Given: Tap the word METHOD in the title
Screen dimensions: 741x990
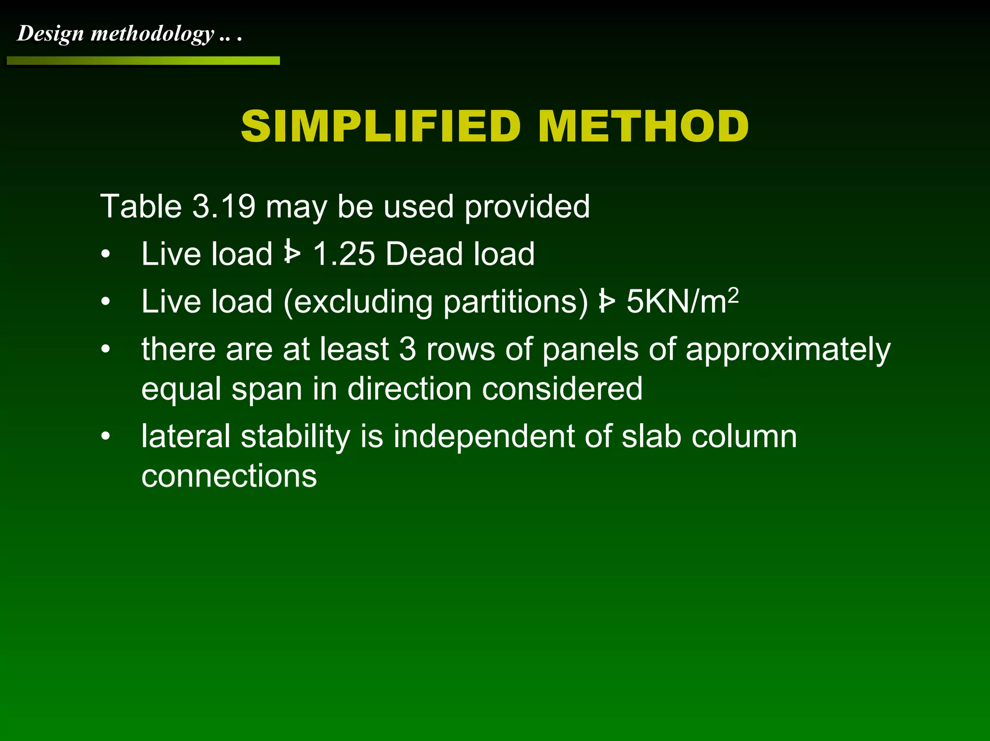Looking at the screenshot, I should pyautogui.click(x=643, y=126).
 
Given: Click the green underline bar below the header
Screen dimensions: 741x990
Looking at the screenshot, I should pyautogui.click(x=143, y=61).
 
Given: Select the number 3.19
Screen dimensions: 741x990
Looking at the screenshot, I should pyautogui.click(x=223, y=206).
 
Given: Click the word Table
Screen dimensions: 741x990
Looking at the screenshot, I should pyautogui.click(x=140, y=206).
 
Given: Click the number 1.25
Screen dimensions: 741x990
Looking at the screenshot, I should pyautogui.click(x=344, y=254).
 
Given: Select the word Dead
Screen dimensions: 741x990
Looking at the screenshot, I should pyautogui.click(x=424, y=254).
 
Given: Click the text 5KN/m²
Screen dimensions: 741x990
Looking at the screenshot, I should pyautogui.click(x=682, y=301).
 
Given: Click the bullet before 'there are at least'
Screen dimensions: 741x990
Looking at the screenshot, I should pyautogui.click(x=106, y=349).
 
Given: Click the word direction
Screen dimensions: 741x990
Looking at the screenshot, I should pyautogui.click(x=409, y=389).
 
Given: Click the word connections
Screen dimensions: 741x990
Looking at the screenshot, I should pyautogui.click(x=229, y=476).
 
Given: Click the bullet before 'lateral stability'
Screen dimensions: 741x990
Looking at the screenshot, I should pyautogui.click(x=106, y=436).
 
